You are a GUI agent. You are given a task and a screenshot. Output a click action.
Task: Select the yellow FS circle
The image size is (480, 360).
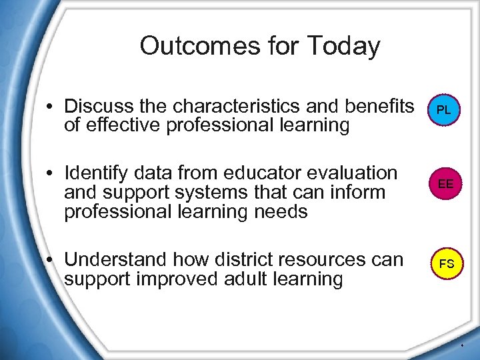pyautogui.click(x=446, y=263)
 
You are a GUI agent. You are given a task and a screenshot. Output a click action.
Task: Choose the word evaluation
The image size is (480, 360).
pyautogui.click(x=353, y=173)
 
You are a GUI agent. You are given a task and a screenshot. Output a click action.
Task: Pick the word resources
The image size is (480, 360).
pyautogui.click(x=325, y=259)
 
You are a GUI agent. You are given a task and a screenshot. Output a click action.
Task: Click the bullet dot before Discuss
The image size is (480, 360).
pyautogui.click(x=51, y=107)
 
